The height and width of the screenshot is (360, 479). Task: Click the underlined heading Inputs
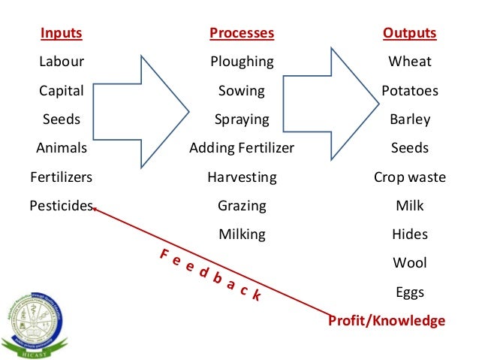(62, 34)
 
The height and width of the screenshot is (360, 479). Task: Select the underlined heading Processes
(242, 34)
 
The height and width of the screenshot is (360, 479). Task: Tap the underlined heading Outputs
(409, 34)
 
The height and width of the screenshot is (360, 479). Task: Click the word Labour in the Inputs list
(62, 62)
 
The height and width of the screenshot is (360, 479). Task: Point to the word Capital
(62, 91)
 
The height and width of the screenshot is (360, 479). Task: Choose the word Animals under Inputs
(62, 148)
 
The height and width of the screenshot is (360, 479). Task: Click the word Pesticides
(62, 205)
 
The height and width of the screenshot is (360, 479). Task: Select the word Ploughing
(242, 62)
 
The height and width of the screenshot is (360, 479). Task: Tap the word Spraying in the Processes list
(242, 119)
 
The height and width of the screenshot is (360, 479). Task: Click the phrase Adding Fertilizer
(242, 148)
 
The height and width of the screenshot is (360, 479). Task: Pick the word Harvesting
(242, 177)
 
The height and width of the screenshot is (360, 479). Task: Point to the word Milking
(242, 234)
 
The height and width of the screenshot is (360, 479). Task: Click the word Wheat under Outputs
(409, 62)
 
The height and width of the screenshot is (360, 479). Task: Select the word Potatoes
(409, 91)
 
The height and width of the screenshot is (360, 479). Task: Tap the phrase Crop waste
(409, 177)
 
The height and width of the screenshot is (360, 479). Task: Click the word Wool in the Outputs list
(409, 263)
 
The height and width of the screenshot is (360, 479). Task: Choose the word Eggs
(409, 292)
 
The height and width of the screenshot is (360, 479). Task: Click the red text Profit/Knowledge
(387, 321)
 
